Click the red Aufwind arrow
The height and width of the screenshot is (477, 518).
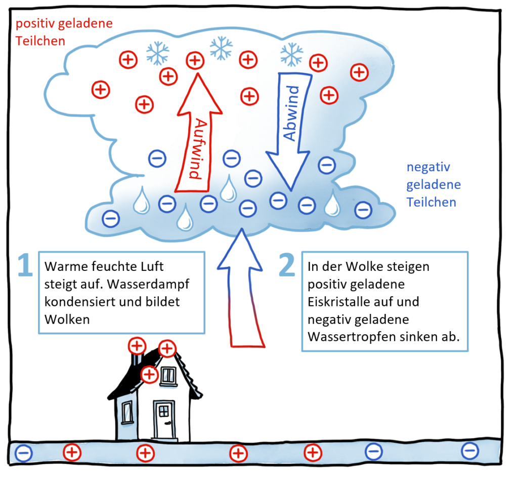(x=199, y=132)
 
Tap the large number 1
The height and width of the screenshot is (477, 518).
(x=25, y=265)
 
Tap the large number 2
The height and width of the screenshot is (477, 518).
(x=286, y=265)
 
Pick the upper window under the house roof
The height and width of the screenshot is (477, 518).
(x=168, y=376)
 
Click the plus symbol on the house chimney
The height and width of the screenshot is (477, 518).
(x=137, y=346)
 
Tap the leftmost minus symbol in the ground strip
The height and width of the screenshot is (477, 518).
(x=24, y=453)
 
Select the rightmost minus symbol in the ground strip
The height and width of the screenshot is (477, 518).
(x=470, y=451)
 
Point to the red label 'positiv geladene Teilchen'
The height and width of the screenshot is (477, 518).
(x=64, y=32)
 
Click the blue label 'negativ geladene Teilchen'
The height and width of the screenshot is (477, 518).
(x=433, y=185)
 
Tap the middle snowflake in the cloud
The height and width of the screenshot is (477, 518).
(x=222, y=48)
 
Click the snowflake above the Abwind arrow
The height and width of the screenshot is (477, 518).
(x=292, y=54)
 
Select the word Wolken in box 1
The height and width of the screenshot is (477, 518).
(x=67, y=320)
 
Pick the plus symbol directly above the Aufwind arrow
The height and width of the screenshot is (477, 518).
(x=195, y=61)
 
